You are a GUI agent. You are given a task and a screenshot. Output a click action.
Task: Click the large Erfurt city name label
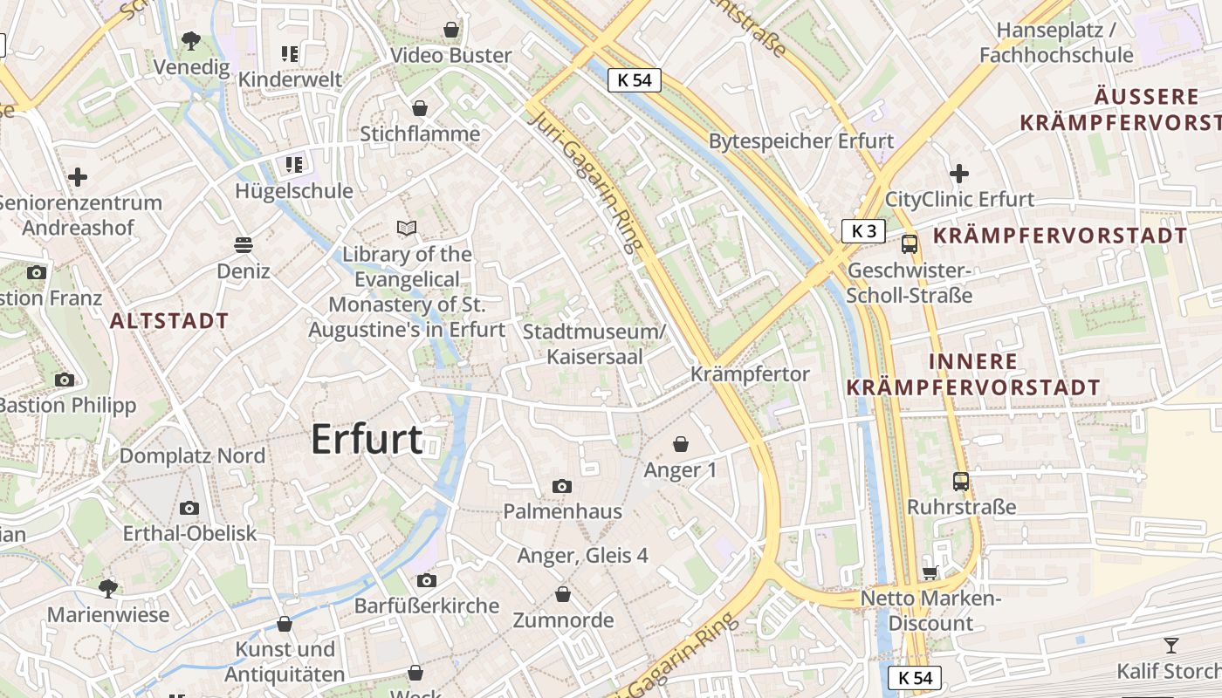coord(367,439)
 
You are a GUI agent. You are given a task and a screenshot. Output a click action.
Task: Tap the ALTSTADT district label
coord(169,321)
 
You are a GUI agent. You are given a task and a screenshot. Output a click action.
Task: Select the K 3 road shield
coord(863,231)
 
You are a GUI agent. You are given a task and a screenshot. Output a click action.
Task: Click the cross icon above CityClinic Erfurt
coord(959,174)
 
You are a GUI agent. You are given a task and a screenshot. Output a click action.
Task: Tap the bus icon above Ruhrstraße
coord(961,481)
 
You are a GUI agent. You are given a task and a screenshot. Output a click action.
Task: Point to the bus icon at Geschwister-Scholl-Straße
coord(910,244)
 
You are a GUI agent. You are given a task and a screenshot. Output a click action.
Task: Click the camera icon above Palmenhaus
coord(562,486)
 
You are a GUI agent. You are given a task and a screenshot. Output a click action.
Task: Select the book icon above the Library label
coord(407,229)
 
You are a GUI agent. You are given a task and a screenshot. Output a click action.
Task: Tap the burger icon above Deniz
coord(244,245)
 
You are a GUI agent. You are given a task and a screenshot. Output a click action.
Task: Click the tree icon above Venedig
coord(190,40)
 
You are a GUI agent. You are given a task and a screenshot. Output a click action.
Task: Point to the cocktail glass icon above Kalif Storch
coord(1171,646)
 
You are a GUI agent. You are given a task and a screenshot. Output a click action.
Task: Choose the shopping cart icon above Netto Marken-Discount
coord(930,572)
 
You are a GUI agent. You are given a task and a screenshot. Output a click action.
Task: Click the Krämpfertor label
coord(750,374)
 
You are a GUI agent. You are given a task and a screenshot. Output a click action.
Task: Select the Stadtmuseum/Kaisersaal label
coord(594,344)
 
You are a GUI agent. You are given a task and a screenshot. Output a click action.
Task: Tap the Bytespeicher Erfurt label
coord(800,141)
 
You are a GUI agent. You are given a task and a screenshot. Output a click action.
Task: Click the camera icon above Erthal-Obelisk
coord(189,508)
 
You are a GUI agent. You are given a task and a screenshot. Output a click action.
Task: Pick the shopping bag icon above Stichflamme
coord(420,108)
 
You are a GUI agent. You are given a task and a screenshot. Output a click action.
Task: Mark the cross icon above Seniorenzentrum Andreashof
coord(78,177)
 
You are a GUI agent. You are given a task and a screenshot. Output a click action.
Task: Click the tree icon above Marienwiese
coord(108,589)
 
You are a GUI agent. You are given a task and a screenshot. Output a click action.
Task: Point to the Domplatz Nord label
coord(192,455)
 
